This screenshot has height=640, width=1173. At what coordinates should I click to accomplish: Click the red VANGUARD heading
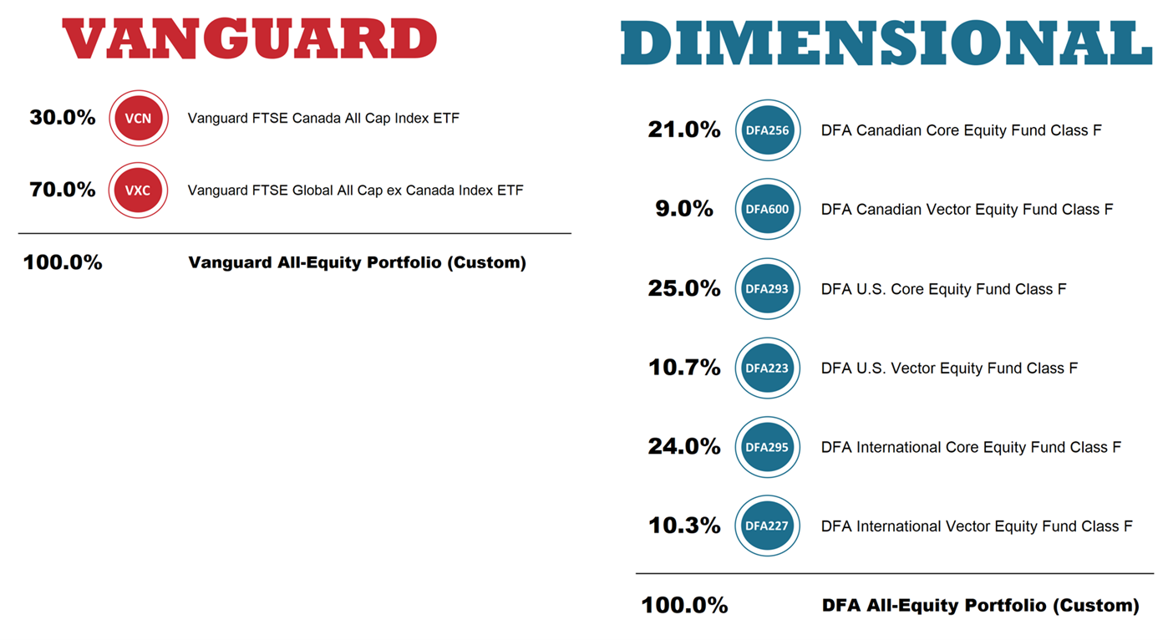[x=250, y=38]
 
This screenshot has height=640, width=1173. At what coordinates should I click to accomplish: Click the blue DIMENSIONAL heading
[x=886, y=43]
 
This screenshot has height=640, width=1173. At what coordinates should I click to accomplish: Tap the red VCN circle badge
[x=138, y=119]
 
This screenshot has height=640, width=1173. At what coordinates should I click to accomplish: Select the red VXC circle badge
[x=138, y=190]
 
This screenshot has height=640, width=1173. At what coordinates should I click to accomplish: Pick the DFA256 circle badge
[x=767, y=130]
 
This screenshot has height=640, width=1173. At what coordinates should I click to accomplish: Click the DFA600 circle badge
[x=767, y=210]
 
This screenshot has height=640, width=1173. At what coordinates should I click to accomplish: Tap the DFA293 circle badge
[x=767, y=289]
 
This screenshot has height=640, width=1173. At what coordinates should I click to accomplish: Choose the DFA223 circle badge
[x=767, y=368]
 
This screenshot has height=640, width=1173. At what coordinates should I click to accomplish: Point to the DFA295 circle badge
[x=767, y=447]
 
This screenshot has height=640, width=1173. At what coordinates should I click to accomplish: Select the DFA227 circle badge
[x=767, y=526]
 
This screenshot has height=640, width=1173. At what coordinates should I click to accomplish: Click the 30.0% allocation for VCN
[x=63, y=118]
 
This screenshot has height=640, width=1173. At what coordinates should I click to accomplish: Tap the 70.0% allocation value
[x=63, y=190]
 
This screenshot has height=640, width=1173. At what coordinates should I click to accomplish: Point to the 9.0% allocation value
[x=684, y=209]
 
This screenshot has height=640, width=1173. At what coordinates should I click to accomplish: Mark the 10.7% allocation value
[x=684, y=368]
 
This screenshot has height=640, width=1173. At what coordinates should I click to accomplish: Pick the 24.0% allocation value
[x=684, y=447]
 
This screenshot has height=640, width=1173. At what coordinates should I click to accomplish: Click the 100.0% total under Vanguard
[x=63, y=262]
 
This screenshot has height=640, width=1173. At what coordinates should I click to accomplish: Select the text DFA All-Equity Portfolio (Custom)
[x=980, y=605]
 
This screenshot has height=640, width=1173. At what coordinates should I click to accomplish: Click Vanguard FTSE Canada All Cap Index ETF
[x=323, y=119]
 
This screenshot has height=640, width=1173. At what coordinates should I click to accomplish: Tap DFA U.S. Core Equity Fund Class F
[x=944, y=289]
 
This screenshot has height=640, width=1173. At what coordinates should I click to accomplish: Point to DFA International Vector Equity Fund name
[x=977, y=526]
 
